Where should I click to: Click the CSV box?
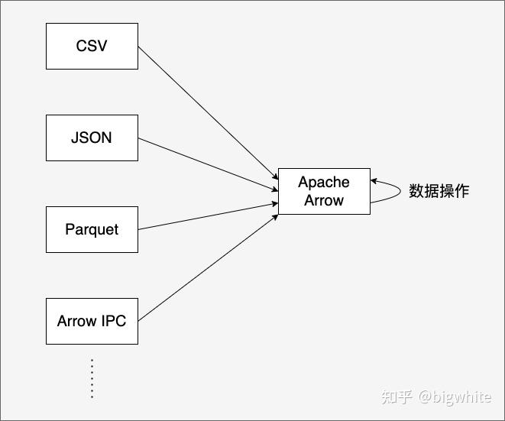click(92, 46)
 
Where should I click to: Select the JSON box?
click(92, 138)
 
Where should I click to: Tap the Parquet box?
click(92, 229)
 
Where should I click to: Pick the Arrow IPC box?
click(92, 321)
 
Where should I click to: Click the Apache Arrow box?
click(324, 191)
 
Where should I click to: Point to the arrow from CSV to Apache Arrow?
click(206, 110)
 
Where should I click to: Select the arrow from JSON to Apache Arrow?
click(206, 163)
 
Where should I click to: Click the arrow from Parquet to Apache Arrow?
click(206, 216)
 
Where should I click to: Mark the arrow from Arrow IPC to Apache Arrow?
click(206, 268)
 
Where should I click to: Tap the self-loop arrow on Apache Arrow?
click(398, 191)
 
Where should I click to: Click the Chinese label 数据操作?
click(439, 191)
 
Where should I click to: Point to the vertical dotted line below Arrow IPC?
click(92, 378)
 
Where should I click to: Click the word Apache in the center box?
click(324, 182)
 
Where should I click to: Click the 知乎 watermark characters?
click(397, 397)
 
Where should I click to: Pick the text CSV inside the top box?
click(92, 46)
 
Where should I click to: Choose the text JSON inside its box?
click(92, 138)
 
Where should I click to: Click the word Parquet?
click(92, 229)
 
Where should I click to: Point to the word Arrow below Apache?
click(324, 200)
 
